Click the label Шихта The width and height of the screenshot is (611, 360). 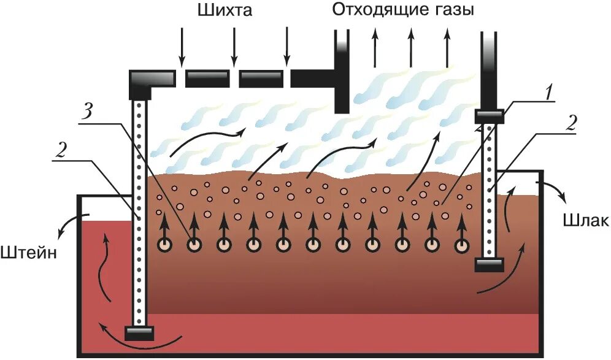[225, 10]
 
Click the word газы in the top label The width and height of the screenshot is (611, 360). [453, 10]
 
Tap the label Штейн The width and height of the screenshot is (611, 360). [29, 252]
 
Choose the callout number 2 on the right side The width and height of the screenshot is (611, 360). [570, 124]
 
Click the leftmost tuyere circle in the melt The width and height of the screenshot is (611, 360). [165, 245]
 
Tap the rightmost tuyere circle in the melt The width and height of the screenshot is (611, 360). [462, 245]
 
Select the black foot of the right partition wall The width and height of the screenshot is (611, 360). [489, 264]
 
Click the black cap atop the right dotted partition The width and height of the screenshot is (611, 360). [489, 116]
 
